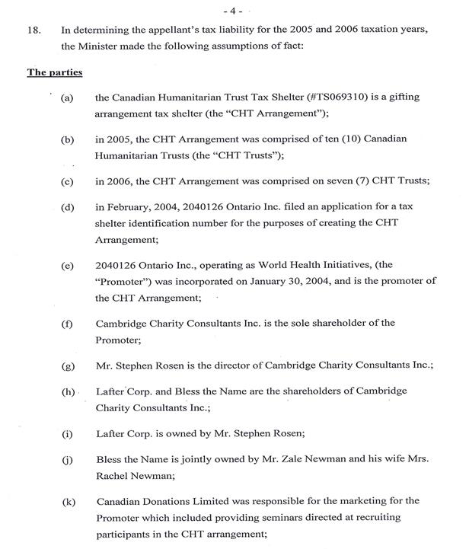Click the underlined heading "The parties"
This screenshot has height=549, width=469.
(55, 72)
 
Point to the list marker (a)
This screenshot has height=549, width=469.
(68, 99)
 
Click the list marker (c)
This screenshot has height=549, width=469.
(68, 184)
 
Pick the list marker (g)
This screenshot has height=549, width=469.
(68, 366)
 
